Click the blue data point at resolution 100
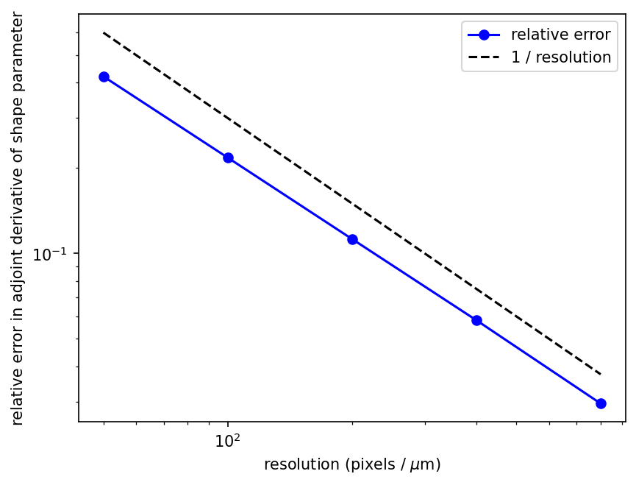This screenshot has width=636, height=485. tap(228, 157)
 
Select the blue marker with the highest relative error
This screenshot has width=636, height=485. tap(104, 77)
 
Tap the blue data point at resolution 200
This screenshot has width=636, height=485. tap(352, 239)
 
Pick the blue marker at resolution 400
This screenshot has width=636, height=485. tap(476, 320)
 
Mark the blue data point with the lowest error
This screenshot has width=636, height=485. tap(601, 403)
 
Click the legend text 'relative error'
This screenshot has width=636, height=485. tap(560, 35)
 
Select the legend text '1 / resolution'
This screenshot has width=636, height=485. tap(560, 57)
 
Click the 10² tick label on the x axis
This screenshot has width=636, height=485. tap(228, 439)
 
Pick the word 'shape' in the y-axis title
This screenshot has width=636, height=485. tap(18, 116)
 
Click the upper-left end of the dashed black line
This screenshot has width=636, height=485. tap(104, 32)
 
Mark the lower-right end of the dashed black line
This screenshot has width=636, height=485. tap(601, 375)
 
